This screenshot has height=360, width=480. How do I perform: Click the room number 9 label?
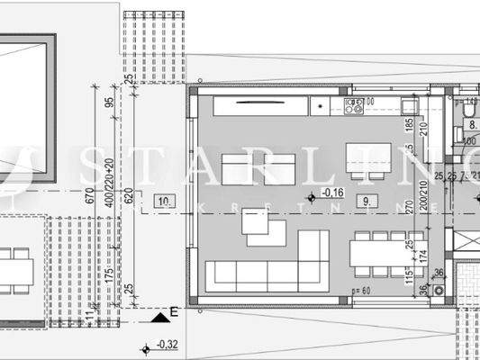pyautogui.click(x=365, y=200)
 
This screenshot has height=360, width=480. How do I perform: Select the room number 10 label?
pyautogui.click(x=163, y=201)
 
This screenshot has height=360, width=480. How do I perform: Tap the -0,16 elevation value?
pyautogui.click(x=334, y=193)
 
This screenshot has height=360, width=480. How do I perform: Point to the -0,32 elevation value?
pyautogui.click(x=166, y=344)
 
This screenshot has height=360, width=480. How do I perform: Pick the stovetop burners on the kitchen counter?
pyautogui.click(x=353, y=107)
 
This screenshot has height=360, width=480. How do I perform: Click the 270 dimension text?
pyautogui.click(x=408, y=205)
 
